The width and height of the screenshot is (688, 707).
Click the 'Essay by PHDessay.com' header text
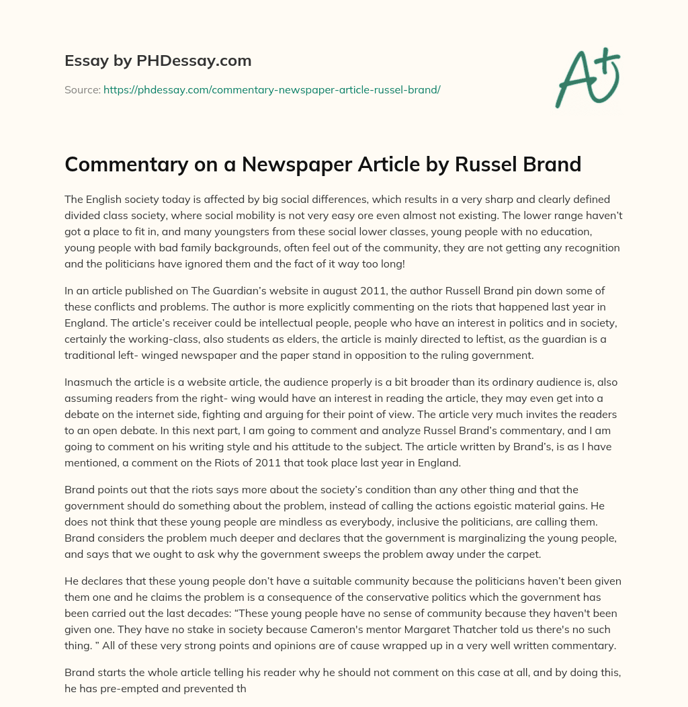158,61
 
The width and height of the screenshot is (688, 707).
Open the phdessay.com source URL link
271,89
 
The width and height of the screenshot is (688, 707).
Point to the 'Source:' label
82,89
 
